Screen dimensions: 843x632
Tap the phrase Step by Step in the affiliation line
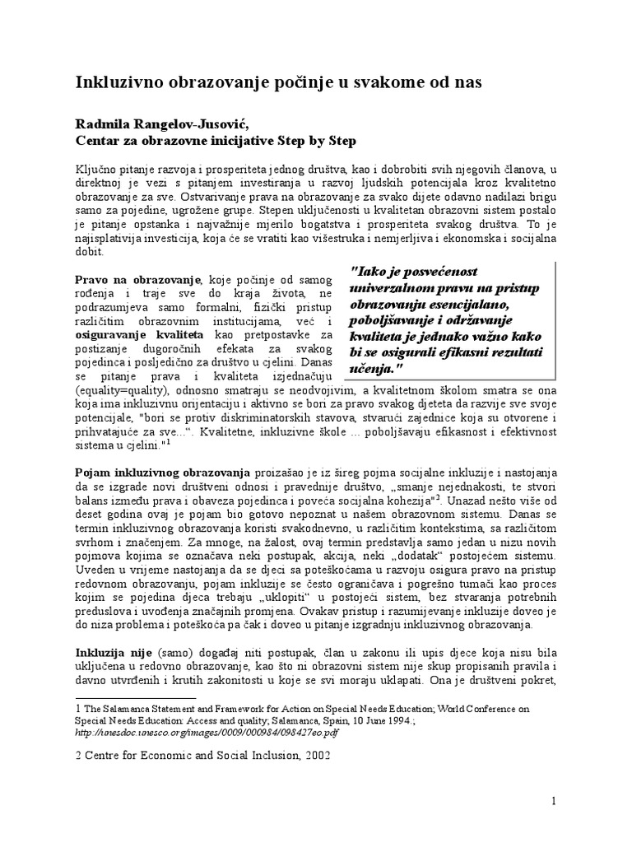pyautogui.click(x=322, y=141)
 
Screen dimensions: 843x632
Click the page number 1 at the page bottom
pyautogui.click(x=554, y=801)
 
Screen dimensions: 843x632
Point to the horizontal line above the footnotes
pyautogui.click(x=136, y=697)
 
